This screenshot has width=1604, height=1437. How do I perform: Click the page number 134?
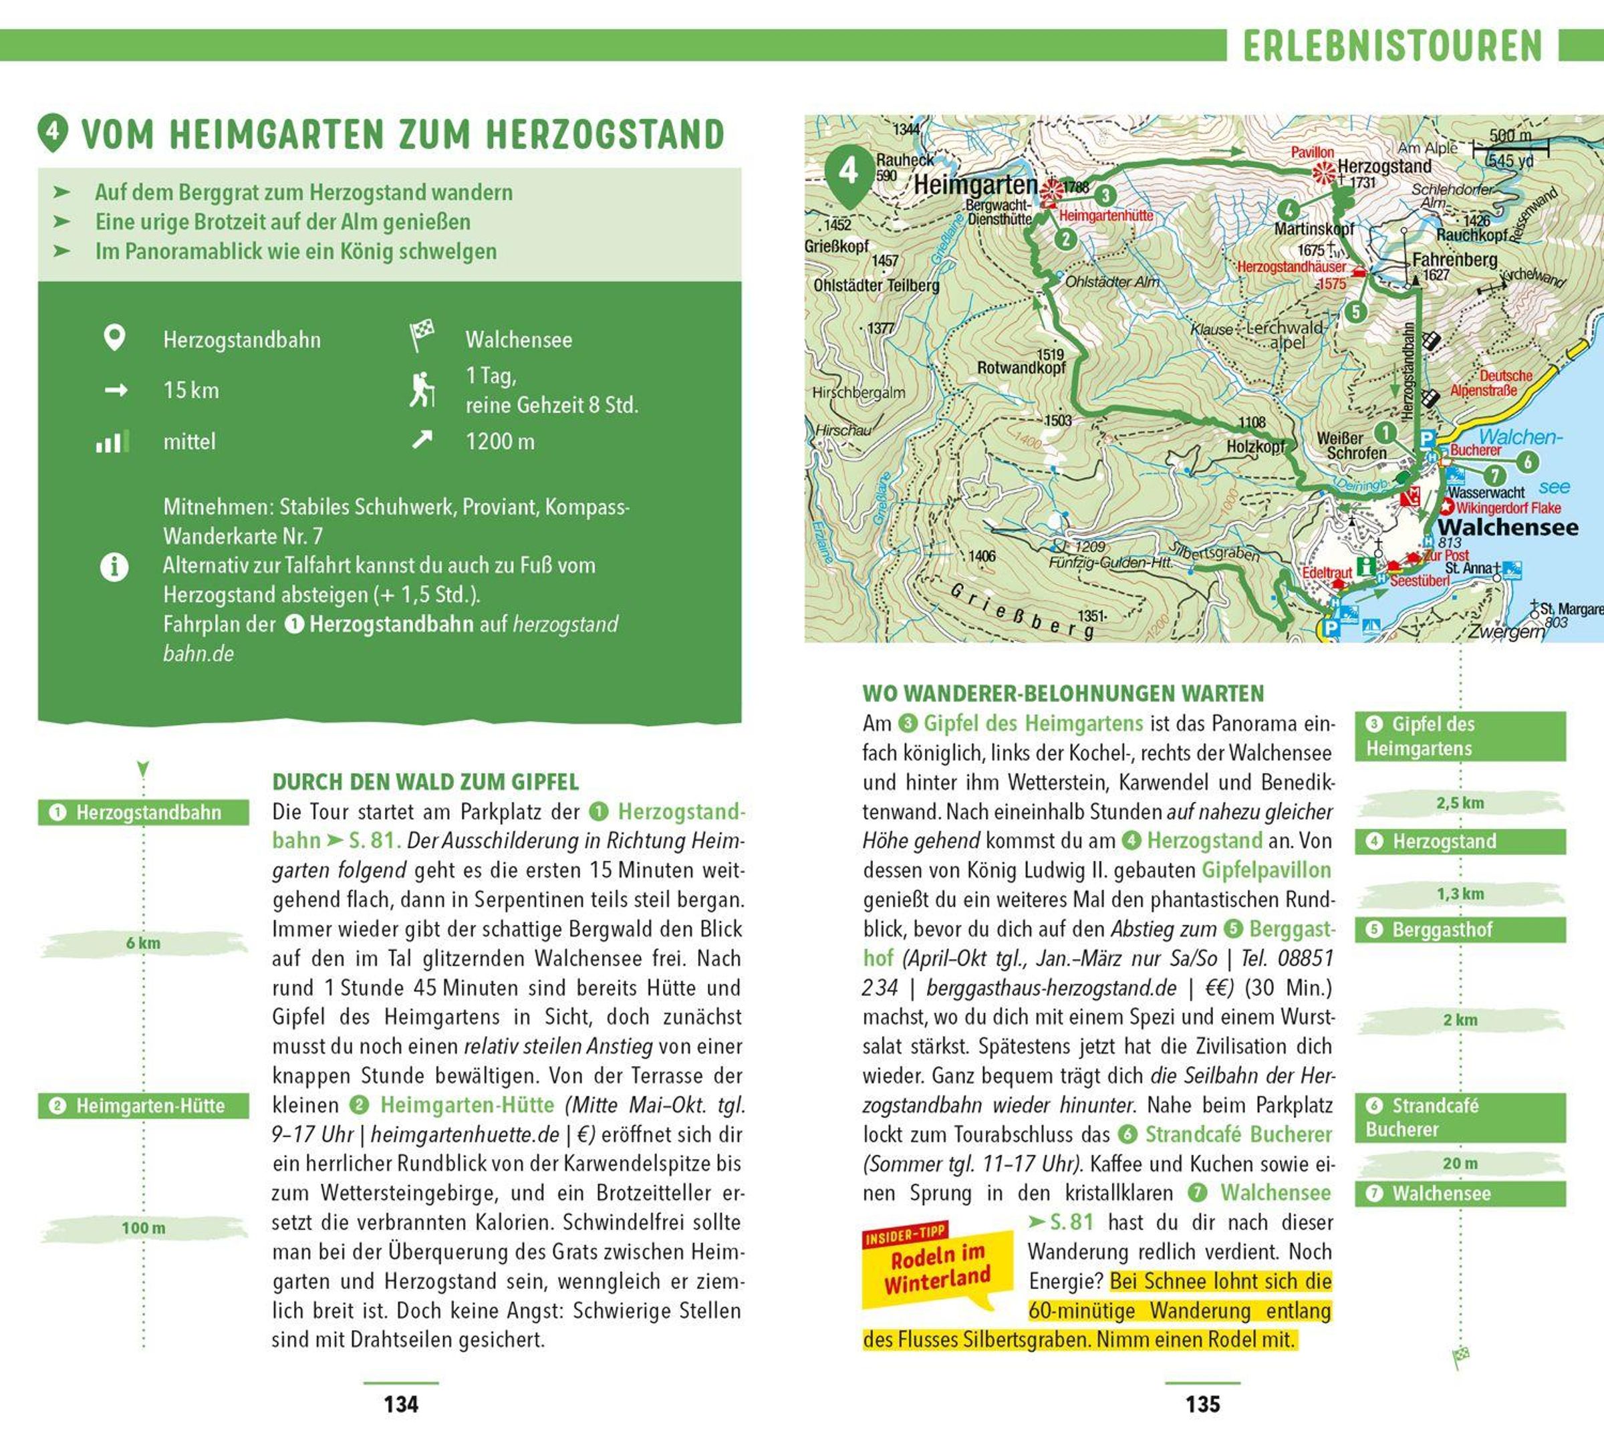coord(400,1404)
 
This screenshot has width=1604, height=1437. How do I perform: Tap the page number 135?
coord(1202,1404)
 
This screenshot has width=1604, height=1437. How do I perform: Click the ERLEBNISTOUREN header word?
coord(1392,46)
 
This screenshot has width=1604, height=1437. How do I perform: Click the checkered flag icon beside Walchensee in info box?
coord(422,336)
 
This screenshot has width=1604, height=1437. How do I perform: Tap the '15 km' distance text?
coord(191,390)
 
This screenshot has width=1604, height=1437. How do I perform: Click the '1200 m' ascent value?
coord(500,441)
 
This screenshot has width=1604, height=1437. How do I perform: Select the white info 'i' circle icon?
coord(114,567)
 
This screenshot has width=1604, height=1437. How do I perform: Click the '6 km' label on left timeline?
coord(143,942)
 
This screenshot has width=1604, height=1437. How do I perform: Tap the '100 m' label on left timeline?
coord(143,1228)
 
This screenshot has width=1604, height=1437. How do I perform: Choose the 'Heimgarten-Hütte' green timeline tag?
coord(143,1105)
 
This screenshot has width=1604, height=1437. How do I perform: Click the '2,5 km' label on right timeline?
coord(1460,803)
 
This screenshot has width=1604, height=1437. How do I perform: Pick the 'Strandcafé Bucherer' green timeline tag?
coord(1460,1118)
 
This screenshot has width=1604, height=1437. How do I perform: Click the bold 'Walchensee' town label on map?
coord(1508,527)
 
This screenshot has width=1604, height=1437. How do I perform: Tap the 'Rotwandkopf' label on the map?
coord(1021,367)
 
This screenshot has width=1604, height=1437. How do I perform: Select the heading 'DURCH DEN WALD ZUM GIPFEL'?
coord(426,782)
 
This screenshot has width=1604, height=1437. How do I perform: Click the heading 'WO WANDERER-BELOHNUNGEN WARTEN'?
coord(1063,693)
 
